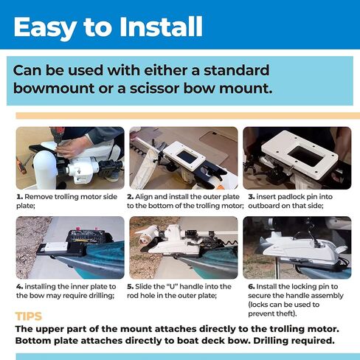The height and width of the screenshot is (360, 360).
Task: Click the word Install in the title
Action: [161, 27]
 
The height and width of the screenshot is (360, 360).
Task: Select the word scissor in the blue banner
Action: [155, 89]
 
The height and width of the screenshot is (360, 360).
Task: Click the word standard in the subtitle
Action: [236, 70]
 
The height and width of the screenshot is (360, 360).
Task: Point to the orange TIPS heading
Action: [29, 316]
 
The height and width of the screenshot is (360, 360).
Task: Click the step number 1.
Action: [19, 197]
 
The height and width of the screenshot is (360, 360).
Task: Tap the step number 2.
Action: [131, 197]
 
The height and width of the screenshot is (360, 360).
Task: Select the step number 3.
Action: [252, 197]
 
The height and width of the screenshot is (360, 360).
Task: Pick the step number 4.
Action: [19, 287]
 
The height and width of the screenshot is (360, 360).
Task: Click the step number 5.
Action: [131, 287]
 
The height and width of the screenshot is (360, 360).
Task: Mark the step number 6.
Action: [252, 287]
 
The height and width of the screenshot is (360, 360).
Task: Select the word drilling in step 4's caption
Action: [102, 296]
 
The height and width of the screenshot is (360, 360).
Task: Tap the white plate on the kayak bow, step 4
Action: [56, 246]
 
